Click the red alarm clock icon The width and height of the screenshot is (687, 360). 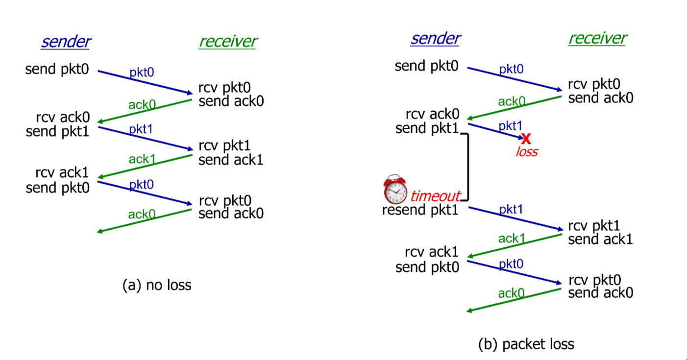point(395,190)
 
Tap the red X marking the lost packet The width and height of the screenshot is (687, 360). point(526,139)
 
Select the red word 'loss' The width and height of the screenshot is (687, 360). point(526,152)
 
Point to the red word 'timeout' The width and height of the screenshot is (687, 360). point(435,196)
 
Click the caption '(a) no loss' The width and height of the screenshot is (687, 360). point(157,285)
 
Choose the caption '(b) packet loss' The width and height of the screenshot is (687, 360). point(526,344)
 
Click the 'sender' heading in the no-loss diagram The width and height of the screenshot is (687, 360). point(66,42)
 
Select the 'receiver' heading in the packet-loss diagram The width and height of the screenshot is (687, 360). point(597,38)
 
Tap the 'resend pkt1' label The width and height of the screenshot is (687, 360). point(420,211)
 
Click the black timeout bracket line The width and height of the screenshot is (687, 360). point(468,167)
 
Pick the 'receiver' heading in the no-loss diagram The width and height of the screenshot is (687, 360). point(227,42)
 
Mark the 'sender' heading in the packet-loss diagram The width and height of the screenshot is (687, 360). point(435,38)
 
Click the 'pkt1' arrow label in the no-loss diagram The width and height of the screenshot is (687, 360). point(141,129)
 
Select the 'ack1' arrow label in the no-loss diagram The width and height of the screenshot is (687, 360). point(142,159)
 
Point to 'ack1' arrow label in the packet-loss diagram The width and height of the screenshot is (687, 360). point(512,239)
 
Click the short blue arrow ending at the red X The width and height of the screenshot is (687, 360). point(495,131)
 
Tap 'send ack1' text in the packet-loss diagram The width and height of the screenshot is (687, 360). point(600,239)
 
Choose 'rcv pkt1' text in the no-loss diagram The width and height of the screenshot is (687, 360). point(224,146)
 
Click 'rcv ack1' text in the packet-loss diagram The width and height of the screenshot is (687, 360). point(432,252)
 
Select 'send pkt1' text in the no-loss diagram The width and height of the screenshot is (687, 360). point(57,131)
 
